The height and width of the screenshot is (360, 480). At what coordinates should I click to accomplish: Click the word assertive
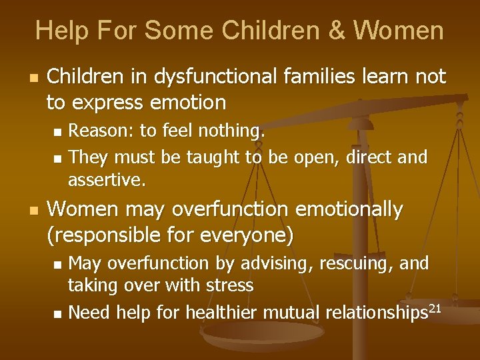107,180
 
